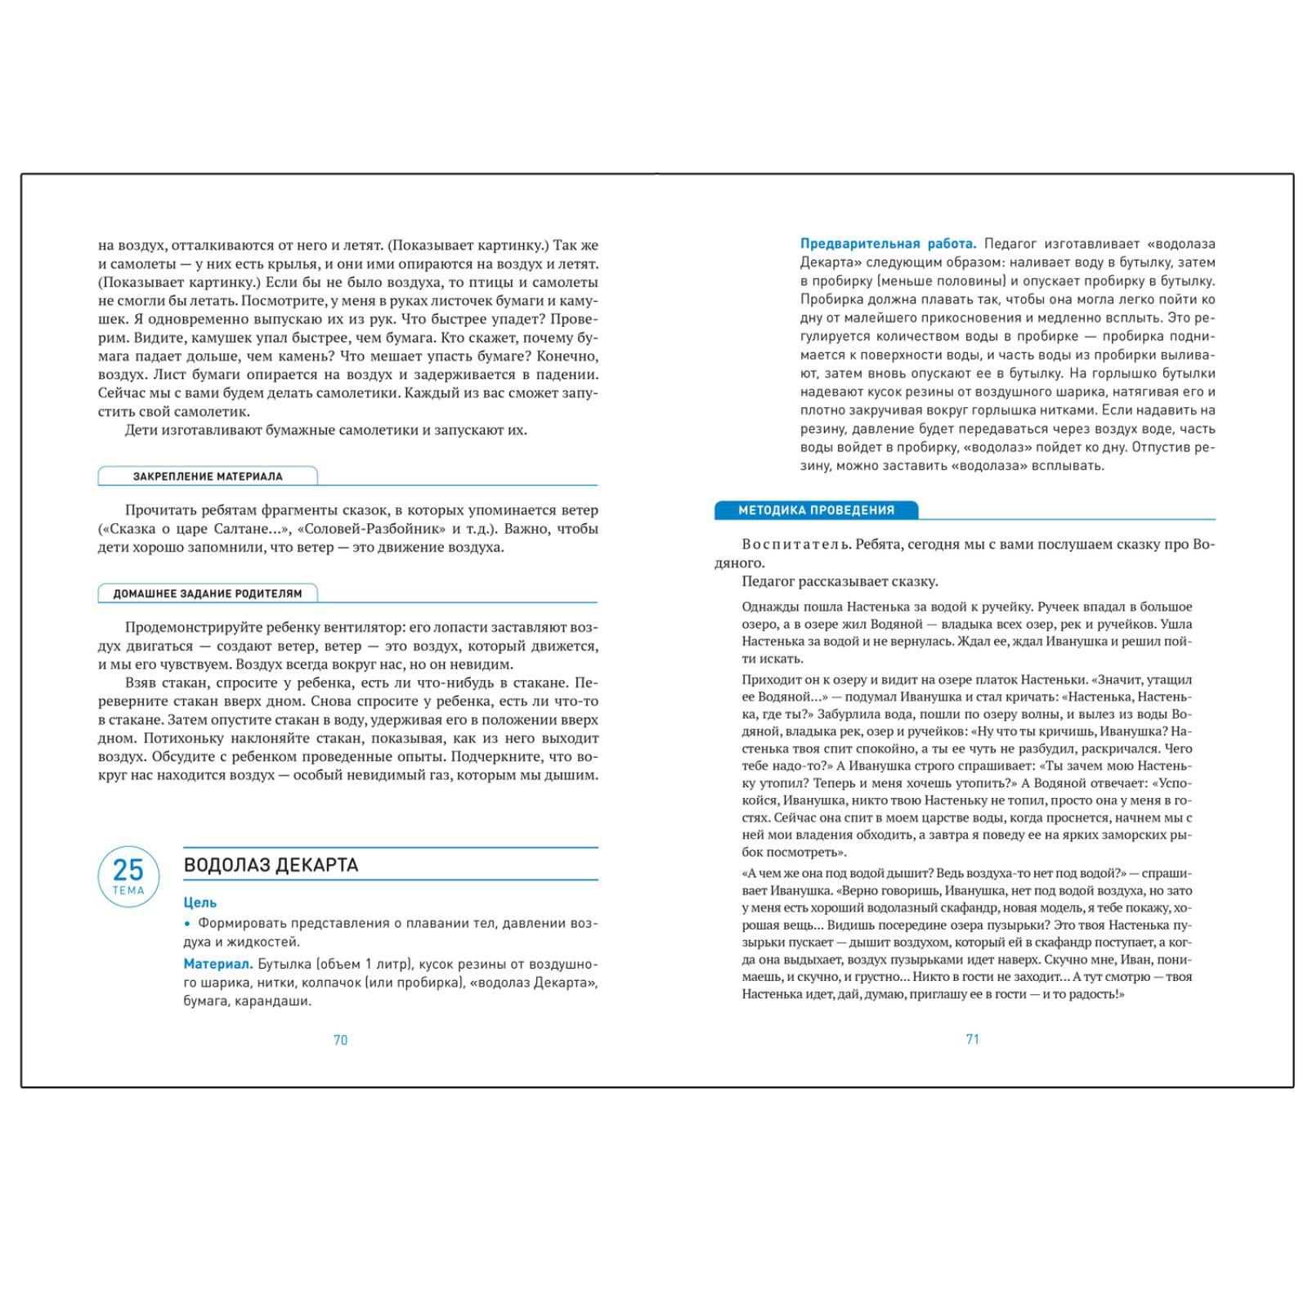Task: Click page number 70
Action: tap(341, 1040)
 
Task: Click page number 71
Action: tap(973, 1039)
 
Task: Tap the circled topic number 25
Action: tap(128, 870)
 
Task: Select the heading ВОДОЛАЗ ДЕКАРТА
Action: tap(271, 865)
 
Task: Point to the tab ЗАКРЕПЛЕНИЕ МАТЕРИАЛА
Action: tap(208, 477)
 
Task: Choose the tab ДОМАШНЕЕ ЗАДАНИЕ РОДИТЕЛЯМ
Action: tap(208, 594)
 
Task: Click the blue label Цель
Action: tap(200, 903)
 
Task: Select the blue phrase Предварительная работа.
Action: tap(888, 244)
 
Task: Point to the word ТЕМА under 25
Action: tap(128, 891)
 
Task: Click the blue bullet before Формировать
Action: tap(187, 924)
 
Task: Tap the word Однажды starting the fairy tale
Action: tap(769, 607)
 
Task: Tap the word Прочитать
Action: tap(160, 510)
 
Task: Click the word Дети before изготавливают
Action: tap(141, 430)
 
